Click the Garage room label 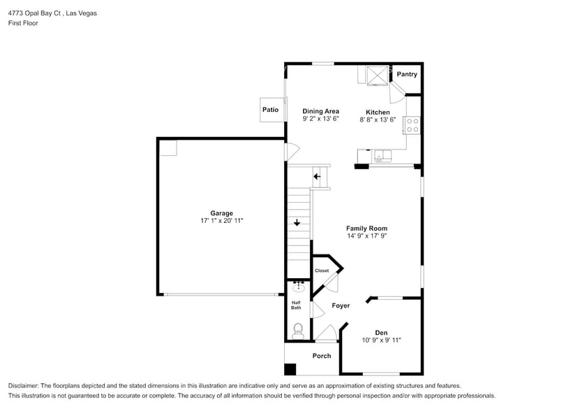(221, 213)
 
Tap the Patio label (270, 110)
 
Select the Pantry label (407, 74)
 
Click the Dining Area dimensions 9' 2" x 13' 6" (320, 120)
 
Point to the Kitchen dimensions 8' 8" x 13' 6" (378, 120)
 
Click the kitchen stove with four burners (412, 125)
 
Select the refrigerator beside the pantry (377, 74)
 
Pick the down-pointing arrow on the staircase (297, 223)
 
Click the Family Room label (366, 229)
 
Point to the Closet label (322, 271)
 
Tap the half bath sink (298, 286)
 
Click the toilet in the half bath (298, 329)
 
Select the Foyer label (341, 305)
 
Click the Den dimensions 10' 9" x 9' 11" (381, 340)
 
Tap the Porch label (322, 356)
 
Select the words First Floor (23, 23)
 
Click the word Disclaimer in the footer (24, 386)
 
